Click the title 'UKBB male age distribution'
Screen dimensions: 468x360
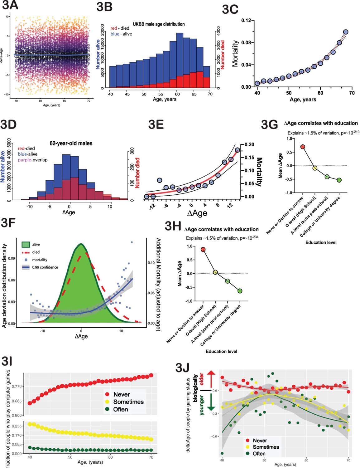coord(159,24)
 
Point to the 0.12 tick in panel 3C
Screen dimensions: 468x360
coord(246,20)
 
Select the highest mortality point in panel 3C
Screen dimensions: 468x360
coord(345,32)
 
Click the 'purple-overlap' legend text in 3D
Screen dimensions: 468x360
coord(33,160)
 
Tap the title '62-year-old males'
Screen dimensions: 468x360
coord(71,143)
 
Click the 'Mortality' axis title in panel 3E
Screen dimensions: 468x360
coord(259,172)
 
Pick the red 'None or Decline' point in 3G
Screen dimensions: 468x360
coord(303,147)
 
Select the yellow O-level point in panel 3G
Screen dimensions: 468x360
coord(315,168)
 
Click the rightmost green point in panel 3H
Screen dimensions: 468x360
coord(240,291)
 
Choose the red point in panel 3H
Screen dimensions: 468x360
coord(203,249)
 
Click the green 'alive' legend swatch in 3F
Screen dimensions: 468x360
coord(26,245)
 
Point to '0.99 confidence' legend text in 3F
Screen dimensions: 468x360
coord(45,267)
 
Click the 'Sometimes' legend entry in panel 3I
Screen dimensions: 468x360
coord(128,402)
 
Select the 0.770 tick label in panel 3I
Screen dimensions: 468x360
coord(17,387)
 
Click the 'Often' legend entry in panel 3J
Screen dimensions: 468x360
coord(259,453)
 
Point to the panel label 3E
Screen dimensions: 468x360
coord(156,124)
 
